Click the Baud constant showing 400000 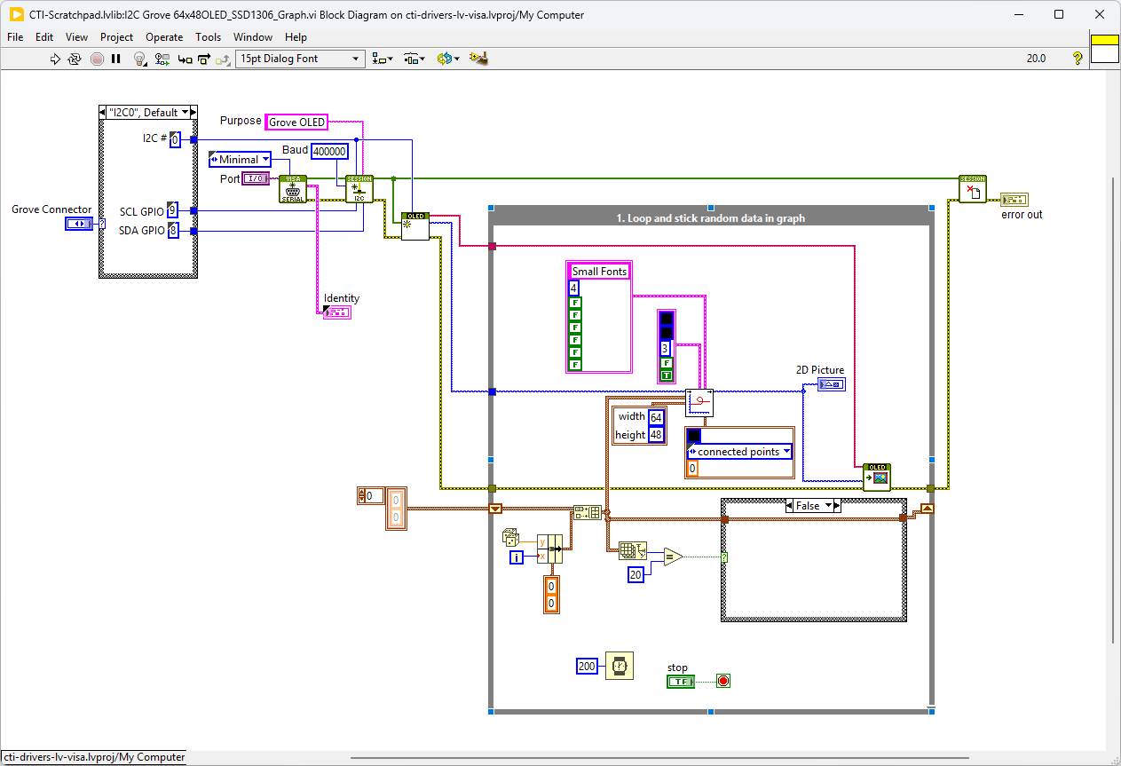tap(330, 152)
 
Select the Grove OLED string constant tap(296, 122)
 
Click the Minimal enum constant tap(240, 160)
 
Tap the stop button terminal tap(681, 681)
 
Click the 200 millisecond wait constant tap(587, 666)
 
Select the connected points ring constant tap(738, 452)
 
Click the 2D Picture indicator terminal tap(832, 384)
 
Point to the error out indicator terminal tap(1014, 199)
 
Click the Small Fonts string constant tap(599, 272)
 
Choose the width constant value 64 tap(656, 417)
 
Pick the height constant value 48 tap(656, 435)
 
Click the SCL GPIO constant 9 tap(172, 211)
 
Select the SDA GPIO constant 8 tap(172, 231)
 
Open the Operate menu tap(164, 37)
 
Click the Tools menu tap(208, 37)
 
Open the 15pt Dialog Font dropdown tap(300, 59)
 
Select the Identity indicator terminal tap(337, 312)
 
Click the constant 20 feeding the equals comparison tap(635, 574)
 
